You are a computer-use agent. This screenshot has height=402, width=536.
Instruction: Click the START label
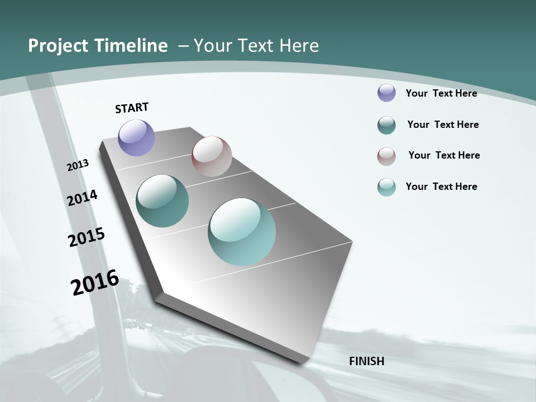[132, 108]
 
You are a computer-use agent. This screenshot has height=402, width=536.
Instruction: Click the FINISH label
[366, 361]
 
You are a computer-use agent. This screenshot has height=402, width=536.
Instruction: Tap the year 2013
[78, 165]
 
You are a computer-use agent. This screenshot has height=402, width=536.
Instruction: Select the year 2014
[82, 198]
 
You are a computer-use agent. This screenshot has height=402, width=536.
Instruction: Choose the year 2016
[95, 282]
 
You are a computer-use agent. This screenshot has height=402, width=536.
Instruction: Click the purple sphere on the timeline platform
[137, 137]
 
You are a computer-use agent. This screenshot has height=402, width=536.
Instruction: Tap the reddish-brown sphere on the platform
[212, 156]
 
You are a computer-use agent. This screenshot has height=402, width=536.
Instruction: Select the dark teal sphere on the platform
[162, 201]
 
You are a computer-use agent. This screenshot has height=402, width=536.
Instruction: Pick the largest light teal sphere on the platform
[242, 232]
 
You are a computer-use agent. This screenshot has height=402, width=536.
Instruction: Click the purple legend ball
[386, 93]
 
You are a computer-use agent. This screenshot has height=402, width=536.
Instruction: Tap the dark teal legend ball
[386, 125]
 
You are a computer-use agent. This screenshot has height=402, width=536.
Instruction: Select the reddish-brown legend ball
[386, 156]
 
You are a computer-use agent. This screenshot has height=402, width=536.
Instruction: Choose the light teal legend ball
[386, 187]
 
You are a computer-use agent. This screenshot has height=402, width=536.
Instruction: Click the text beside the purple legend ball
[441, 93]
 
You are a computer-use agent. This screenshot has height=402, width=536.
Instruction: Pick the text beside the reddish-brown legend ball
[444, 155]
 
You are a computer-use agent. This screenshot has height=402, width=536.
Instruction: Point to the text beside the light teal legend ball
[441, 186]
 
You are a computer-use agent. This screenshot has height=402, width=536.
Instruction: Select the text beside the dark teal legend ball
[443, 125]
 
